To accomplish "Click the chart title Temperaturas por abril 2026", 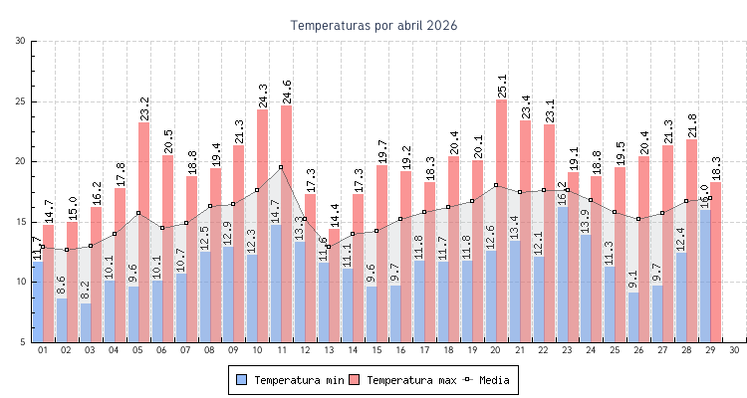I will tap(373, 25).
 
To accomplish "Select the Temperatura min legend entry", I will tap(291, 380).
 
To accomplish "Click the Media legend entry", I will tap(493, 380).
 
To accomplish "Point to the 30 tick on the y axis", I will tap(21, 41).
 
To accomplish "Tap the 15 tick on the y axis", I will tap(21, 222).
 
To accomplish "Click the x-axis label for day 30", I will tap(734, 350).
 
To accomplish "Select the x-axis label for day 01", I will tap(43, 350).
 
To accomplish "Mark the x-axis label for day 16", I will tap(400, 350).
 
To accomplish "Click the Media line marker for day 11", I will tap(281, 167).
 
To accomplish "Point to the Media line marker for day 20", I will tap(496, 185).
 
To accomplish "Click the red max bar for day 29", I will tap(715, 269).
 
